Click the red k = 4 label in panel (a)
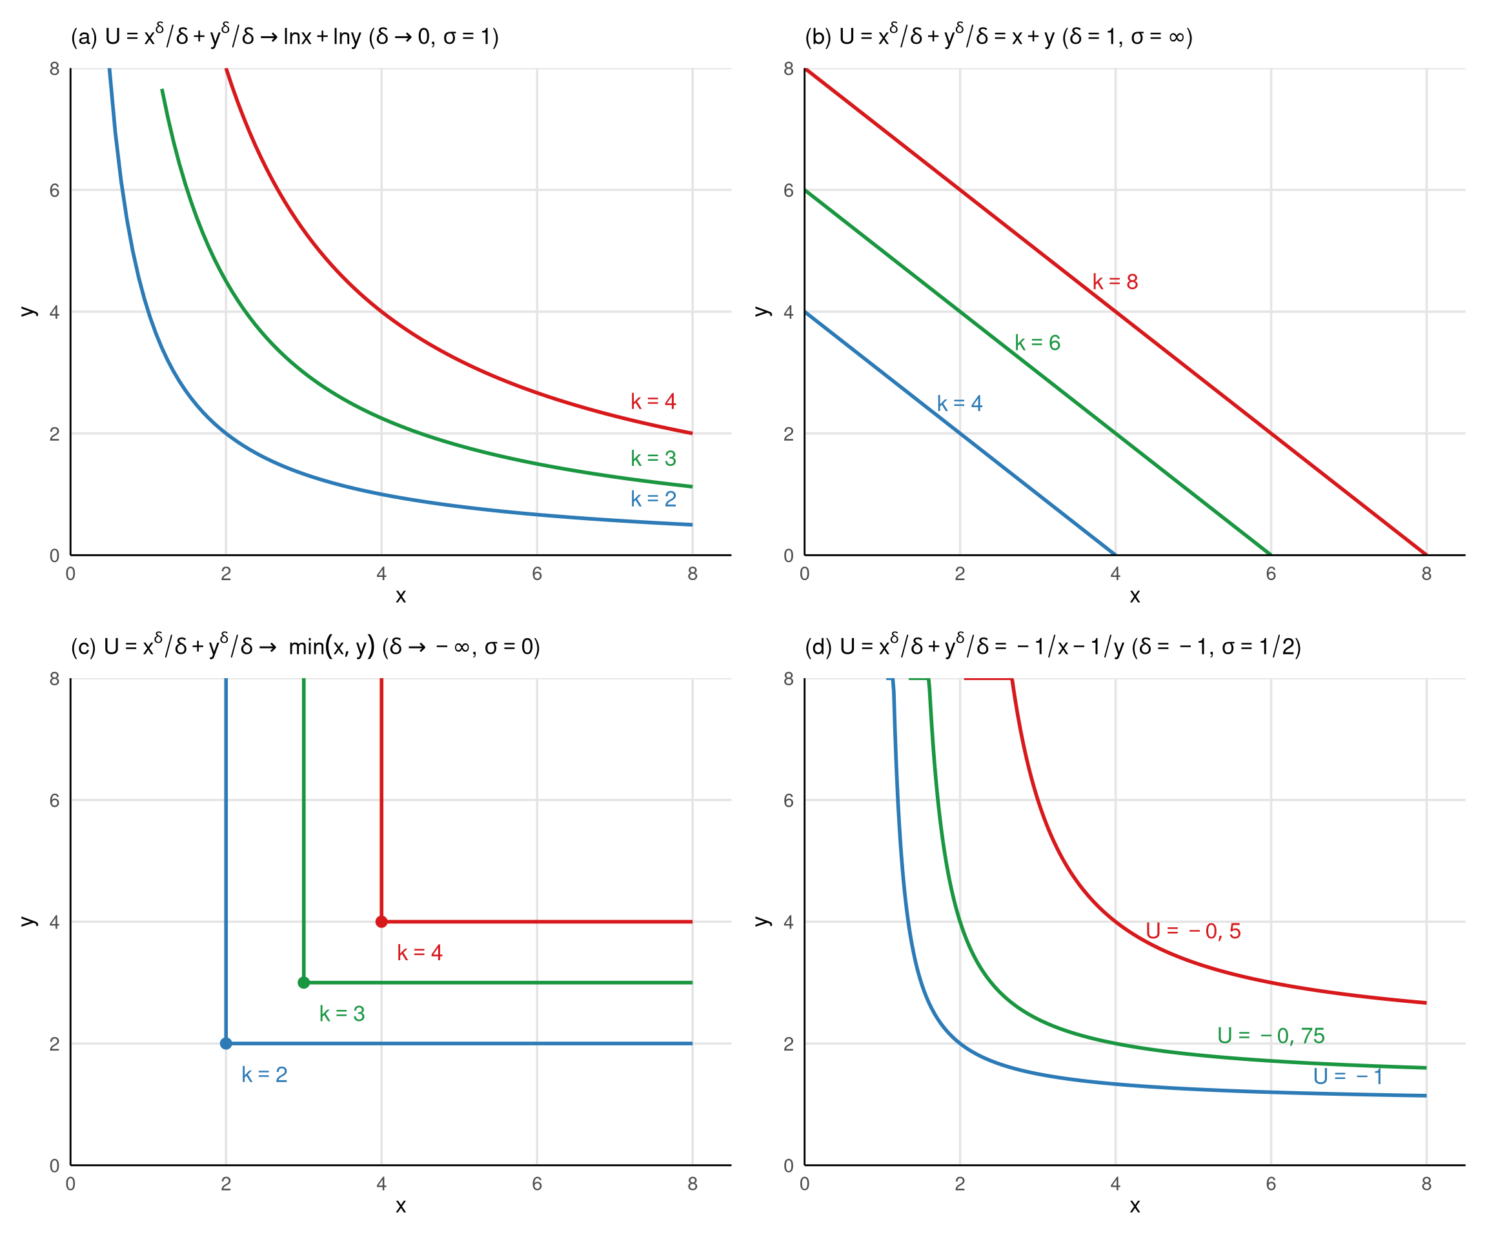[x=653, y=401]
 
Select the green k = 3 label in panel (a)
[x=653, y=458]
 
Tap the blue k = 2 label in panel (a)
[x=653, y=499]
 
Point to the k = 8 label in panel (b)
[x=1115, y=282]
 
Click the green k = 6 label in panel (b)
[x=1037, y=343]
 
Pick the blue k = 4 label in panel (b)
[x=959, y=403]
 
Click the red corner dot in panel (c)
[x=381, y=921]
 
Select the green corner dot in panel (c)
[x=303, y=982]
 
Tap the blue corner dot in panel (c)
[x=226, y=1043]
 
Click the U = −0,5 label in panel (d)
[x=1193, y=931]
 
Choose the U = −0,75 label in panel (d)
[x=1270, y=1036]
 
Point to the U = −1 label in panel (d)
[x=1348, y=1077]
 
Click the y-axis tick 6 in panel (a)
[x=54, y=190]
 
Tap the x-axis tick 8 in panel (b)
[x=1426, y=574]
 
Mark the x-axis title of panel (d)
[x=1135, y=1207]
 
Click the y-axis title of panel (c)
[x=28, y=921]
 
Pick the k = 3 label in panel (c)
[x=342, y=1014]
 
